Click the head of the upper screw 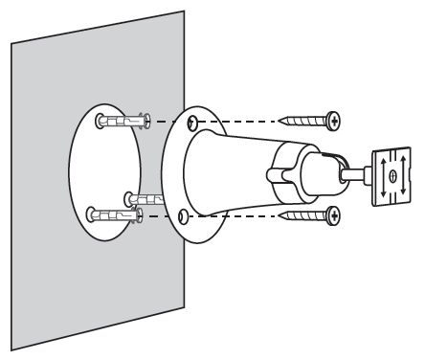tap(333, 121)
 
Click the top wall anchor tap(123, 122)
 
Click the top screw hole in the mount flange tap(194, 122)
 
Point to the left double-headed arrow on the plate tap(382, 175)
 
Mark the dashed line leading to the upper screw tap(239, 122)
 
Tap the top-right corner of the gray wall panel tap(182, 11)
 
